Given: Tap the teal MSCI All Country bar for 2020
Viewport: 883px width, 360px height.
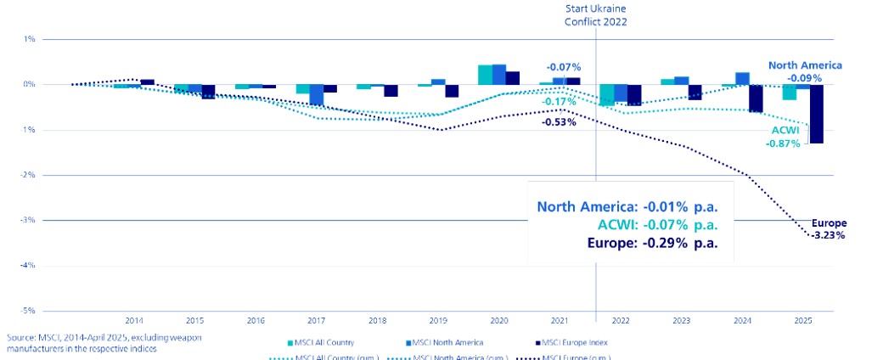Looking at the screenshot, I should [485, 75].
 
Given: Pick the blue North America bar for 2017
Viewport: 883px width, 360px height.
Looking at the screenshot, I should [317, 94].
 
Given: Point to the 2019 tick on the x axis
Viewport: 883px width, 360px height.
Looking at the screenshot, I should [438, 321].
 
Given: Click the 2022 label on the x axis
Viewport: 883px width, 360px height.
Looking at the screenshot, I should [621, 321].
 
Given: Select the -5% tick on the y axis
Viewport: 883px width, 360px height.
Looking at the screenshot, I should [28, 311].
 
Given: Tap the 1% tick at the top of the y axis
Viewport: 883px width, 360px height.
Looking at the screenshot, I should [29, 39].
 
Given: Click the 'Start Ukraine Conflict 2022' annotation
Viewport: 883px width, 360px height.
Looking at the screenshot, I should [596, 15].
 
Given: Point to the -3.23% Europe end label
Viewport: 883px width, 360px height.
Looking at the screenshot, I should [828, 236].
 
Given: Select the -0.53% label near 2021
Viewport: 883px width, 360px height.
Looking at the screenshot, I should [559, 121].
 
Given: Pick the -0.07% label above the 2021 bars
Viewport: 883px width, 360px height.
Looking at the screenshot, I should [564, 66].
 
